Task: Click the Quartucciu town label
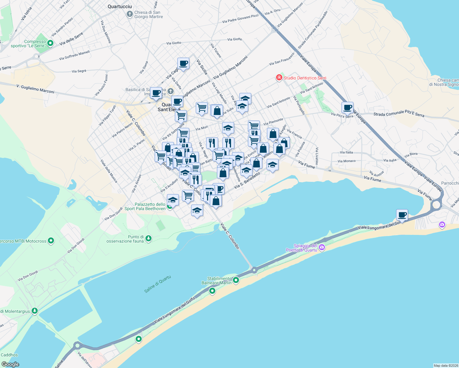pyautogui.click(x=120, y=6)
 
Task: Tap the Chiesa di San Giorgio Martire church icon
pyautogui.click(x=129, y=14)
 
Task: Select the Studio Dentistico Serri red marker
pyautogui.click(x=279, y=78)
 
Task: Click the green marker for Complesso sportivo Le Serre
pyautogui.click(x=51, y=43)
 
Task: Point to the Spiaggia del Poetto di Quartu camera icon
pyautogui.click(x=322, y=247)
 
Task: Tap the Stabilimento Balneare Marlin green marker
pyautogui.click(x=236, y=280)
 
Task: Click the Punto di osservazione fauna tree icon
pyautogui.click(x=148, y=238)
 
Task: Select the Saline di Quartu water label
pyautogui.click(x=157, y=284)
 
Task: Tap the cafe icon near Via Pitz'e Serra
pyautogui.click(x=347, y=108)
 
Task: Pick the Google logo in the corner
pyautogui.click(x=10, y=364)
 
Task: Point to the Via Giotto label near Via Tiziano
pyautogui.click(x=235, y=39)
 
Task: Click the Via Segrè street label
pyautogui.click(x=79, y=71)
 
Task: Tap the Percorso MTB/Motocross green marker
pyautogui.click(x=51, y=241)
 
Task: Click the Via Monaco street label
pyautogui.click(x=346, y=161)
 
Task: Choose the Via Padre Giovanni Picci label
pyautogui.click(x=240, y=19)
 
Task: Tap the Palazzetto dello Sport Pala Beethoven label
pyautogui.click(x=145, y=206)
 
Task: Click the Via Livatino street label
pyautogui.click(x=317, y=156)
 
